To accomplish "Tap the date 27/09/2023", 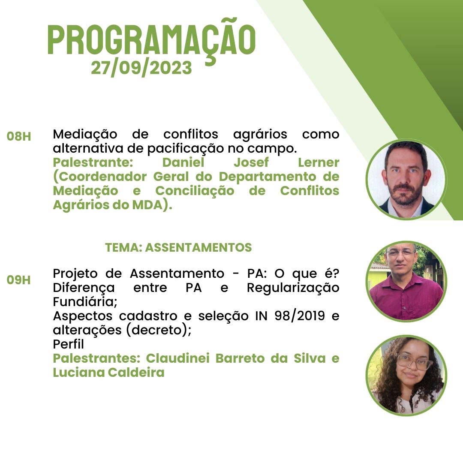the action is (x=141, y=68).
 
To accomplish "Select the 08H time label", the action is (x=19, y=137).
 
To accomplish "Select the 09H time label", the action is (x=18, y=280).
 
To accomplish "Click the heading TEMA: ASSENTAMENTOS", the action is (x=178, y=247).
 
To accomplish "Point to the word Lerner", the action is (x=318, y=162).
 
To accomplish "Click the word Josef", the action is (x=251, y=162).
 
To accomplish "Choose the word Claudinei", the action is (x=177, y=358).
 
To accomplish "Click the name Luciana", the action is (x=78, y=373).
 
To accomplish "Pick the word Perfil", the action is (x=68, y=344).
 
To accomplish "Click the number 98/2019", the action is (x=300, y=316).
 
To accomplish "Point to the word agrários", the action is (x=260, y=135).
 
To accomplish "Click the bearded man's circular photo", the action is (x=406, y=179).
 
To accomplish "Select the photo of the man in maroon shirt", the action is (x=406, y=281).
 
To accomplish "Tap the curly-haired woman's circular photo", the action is (x=406, y=375).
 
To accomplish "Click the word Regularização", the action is (x=293, y=288).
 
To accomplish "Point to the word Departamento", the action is (x=267, y=177).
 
